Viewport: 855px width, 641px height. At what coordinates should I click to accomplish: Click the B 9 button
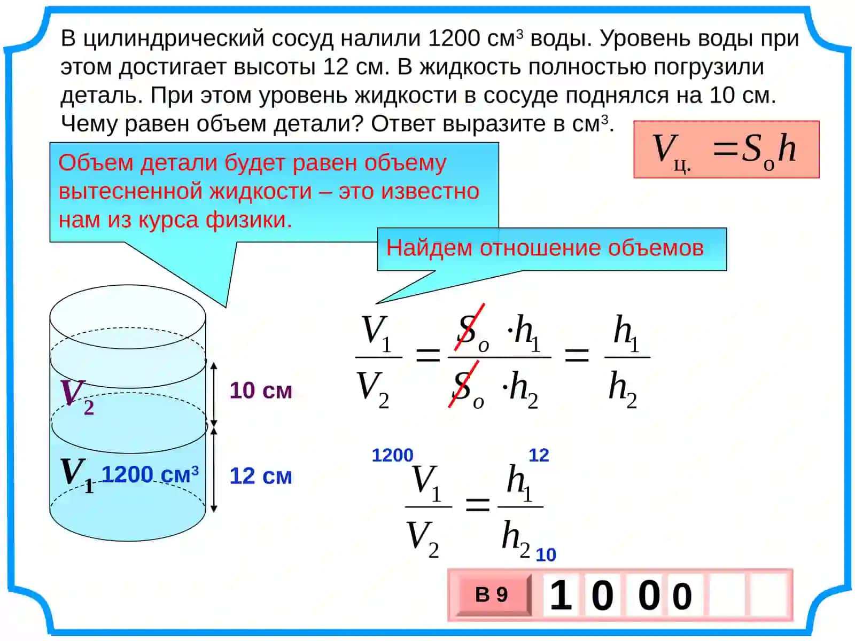click(494, 595)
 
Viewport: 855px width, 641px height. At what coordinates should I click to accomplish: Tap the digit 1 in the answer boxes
click(561, 595)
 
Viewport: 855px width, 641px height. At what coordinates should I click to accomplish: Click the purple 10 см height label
click(261, 390)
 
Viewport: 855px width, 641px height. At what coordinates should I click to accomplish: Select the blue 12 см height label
click(261, 475)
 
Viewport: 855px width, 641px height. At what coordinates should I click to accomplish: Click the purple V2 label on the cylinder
click(77, 396)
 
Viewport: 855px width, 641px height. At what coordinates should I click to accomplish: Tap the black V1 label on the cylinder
click(77, 475)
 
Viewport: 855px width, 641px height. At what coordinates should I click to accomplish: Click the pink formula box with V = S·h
click(726, 150)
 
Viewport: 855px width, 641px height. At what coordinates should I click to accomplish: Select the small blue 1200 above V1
click(392, 455)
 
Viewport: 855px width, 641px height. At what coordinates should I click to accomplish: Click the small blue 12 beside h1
click(539, 455)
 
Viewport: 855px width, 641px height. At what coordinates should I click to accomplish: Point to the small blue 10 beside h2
click(546, 555)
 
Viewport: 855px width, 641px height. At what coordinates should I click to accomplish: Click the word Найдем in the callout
click(429, 248)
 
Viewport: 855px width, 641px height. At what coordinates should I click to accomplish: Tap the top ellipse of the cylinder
click(128, 285)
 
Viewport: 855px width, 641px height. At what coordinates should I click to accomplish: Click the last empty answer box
click(768, 595)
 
